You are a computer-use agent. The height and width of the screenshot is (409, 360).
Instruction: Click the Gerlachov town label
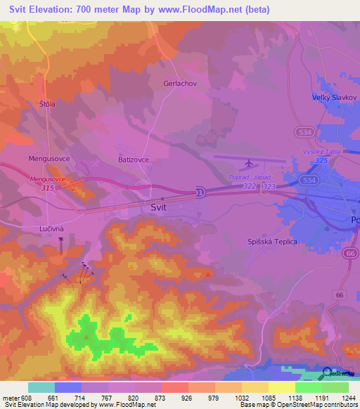point(179,82)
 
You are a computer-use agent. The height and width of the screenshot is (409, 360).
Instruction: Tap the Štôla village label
point(48,104)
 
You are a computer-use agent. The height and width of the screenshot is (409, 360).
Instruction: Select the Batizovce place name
point(133,160)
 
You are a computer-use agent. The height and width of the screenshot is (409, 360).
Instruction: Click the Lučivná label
point(51,229)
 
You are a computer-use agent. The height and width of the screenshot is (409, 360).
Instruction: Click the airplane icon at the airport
point(247,164)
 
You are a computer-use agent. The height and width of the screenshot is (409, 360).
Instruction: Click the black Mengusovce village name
point(49,159)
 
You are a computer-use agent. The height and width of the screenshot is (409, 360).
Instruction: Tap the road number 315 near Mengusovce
point(48,188)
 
